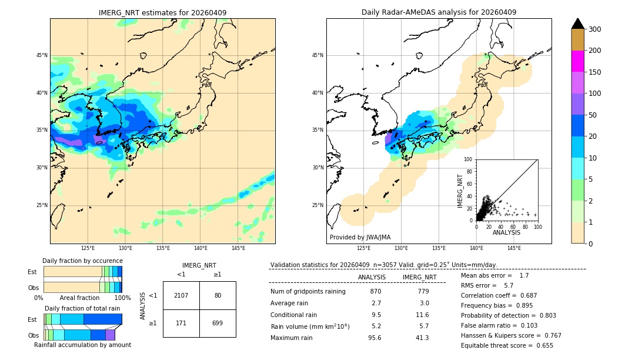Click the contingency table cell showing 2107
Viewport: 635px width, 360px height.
point(181,295)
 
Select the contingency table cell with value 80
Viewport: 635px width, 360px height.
point(218,295)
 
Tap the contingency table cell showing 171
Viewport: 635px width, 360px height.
point(181,323)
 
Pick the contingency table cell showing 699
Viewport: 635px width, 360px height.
point(218,323)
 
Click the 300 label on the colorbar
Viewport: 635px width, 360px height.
point(595,29)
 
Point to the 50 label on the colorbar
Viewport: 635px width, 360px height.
point(593,115)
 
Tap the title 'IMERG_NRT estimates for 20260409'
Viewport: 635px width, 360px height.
point(162,13)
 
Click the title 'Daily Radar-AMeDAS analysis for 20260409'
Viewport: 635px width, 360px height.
point(439,13)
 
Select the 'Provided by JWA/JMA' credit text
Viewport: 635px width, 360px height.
point(360,237)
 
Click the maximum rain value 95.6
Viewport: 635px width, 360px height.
point(375,338)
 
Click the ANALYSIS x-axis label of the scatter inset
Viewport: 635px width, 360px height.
point(506,233)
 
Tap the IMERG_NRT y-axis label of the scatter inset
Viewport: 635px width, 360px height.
point(461,191)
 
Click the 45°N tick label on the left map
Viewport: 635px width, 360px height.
point(42,55)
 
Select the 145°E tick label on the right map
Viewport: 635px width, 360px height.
point(514,248)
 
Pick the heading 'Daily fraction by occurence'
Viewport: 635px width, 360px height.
point(82,261)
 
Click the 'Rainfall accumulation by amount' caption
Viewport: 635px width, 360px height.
point(82,345)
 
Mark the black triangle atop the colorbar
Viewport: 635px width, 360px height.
point(577,24)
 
